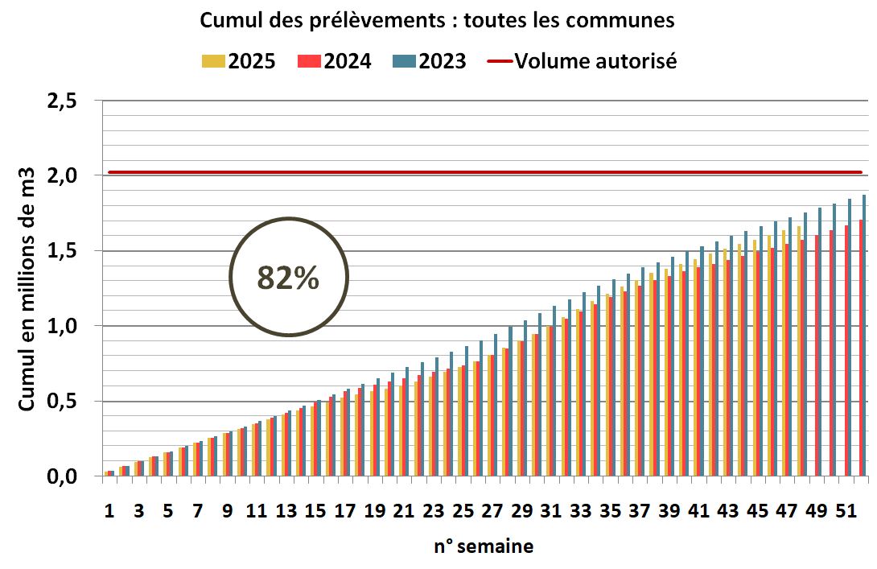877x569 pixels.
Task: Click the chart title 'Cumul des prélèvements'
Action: [437, 21]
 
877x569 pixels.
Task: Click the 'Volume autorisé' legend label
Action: [595, 60]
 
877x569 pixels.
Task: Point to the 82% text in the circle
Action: [288, 277]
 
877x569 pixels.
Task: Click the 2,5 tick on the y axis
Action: [61, 102]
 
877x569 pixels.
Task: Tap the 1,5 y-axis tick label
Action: [61, 251]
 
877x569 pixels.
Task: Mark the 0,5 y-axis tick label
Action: [61, 402]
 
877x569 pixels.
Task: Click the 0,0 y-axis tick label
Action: [61, 477]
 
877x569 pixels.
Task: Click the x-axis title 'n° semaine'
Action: [483, 546]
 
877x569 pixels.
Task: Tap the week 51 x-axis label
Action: [845, 511]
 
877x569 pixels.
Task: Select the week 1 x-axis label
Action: [109, 511]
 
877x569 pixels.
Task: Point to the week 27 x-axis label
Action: [492, 511]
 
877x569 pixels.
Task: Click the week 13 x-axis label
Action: [286, 511]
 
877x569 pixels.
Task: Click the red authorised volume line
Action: [483, 171]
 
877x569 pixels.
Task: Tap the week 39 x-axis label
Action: [669, 511]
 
